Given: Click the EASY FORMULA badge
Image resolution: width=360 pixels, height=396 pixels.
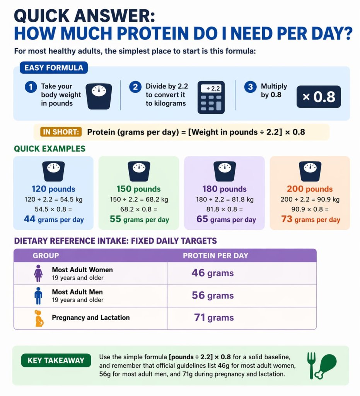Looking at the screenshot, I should (x=54, y=68).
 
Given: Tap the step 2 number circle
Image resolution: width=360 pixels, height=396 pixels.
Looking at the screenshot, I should (x=135, y=87).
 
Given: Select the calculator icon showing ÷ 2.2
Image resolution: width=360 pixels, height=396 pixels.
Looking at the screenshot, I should (x=211, y=97).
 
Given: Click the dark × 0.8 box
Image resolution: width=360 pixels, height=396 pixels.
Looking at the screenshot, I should (x=318, y=97).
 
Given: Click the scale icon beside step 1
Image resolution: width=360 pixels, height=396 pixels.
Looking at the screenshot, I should (x=99, y=97).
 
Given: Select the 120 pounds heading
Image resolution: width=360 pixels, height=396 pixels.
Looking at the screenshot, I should (x=53, y=189).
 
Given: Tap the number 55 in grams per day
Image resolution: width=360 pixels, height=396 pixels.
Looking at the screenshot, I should (x=116, y=219).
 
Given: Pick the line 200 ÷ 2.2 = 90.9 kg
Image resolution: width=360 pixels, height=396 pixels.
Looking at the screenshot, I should (x=310, y=200).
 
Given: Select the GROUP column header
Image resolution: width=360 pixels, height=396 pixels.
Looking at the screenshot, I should (x=46, y=256).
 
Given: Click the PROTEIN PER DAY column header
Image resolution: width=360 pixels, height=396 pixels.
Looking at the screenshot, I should (x=215, y=256).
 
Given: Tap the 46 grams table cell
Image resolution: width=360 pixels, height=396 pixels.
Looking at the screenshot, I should (x=213, y=273).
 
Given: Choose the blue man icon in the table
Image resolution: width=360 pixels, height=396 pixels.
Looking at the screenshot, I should (x=38, y=296).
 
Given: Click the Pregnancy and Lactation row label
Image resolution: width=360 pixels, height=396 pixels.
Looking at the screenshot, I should (x=90, y=317).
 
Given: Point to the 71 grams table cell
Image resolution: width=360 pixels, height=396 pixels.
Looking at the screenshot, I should (x=213, y=318).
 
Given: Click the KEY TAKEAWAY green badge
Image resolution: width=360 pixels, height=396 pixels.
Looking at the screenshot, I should (x=56, y=360).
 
